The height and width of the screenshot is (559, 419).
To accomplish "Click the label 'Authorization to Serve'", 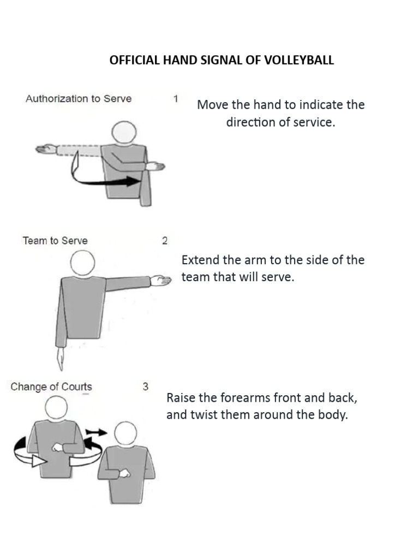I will (x=79, y=99).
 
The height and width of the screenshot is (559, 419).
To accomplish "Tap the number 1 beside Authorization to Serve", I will (x=176, y=99).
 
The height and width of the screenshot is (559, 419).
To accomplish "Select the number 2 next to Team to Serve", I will (x=165, y=241).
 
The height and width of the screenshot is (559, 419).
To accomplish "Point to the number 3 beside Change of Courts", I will (x=146, y=386).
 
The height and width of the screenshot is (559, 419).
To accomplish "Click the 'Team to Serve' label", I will (x=55, y=241).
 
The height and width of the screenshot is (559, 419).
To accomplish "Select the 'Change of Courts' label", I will (x=51, y=387).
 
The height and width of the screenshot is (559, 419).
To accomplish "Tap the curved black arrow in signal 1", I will (x=104, y=180).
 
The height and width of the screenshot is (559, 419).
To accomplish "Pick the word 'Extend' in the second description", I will (x=199, y=260).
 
